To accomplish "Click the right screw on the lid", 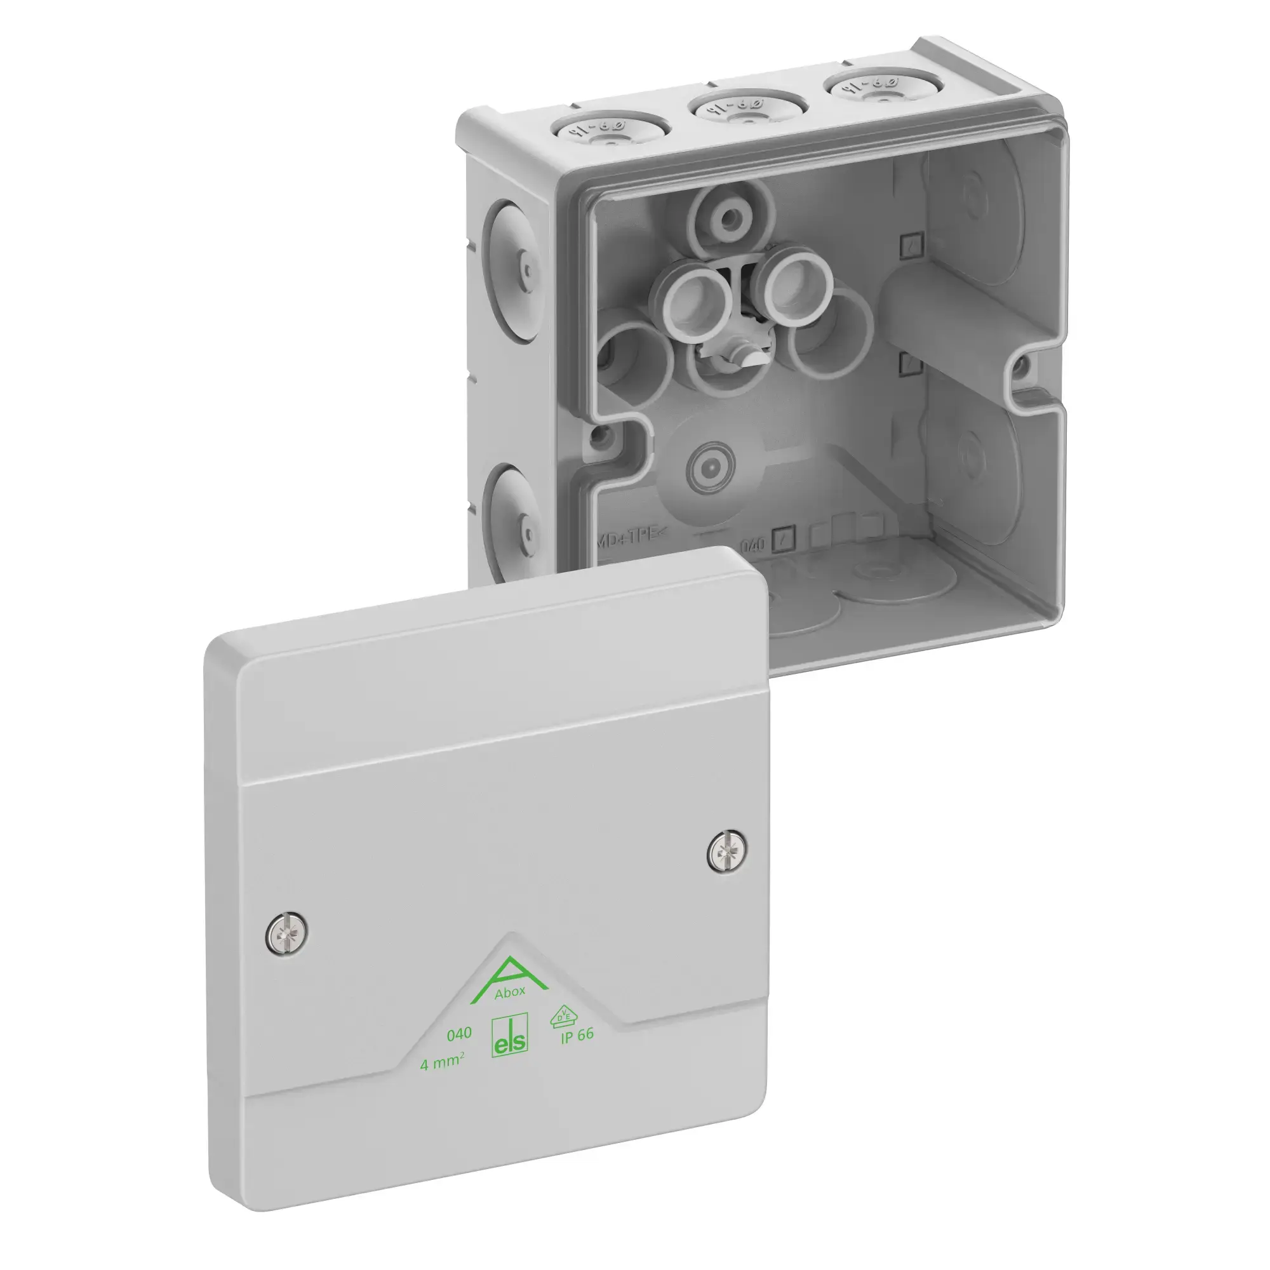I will tap(728, 853).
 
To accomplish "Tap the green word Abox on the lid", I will tap(509, 1010).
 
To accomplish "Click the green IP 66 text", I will tap(577, 1053).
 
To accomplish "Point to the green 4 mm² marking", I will tap(443, 1080).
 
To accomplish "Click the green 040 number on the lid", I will tap(459, 1052).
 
